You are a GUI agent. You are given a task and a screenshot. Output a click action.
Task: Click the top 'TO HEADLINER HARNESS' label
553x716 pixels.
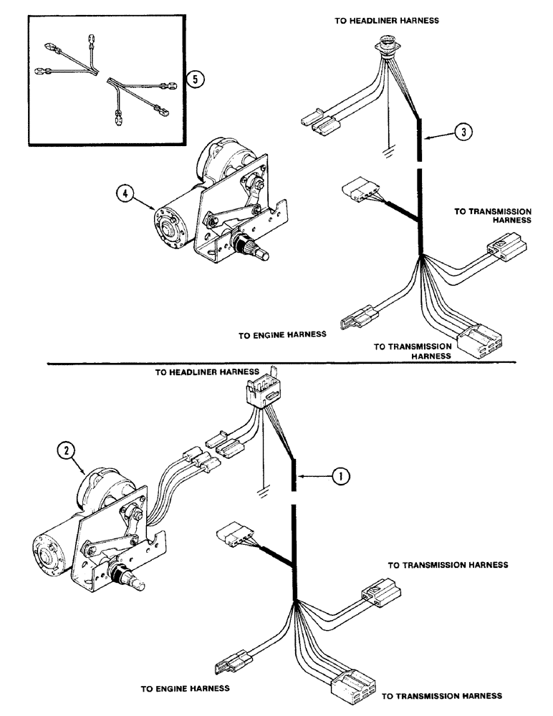pos(386,21)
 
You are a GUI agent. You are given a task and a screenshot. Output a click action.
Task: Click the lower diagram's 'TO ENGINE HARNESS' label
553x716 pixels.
pos(186,689)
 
